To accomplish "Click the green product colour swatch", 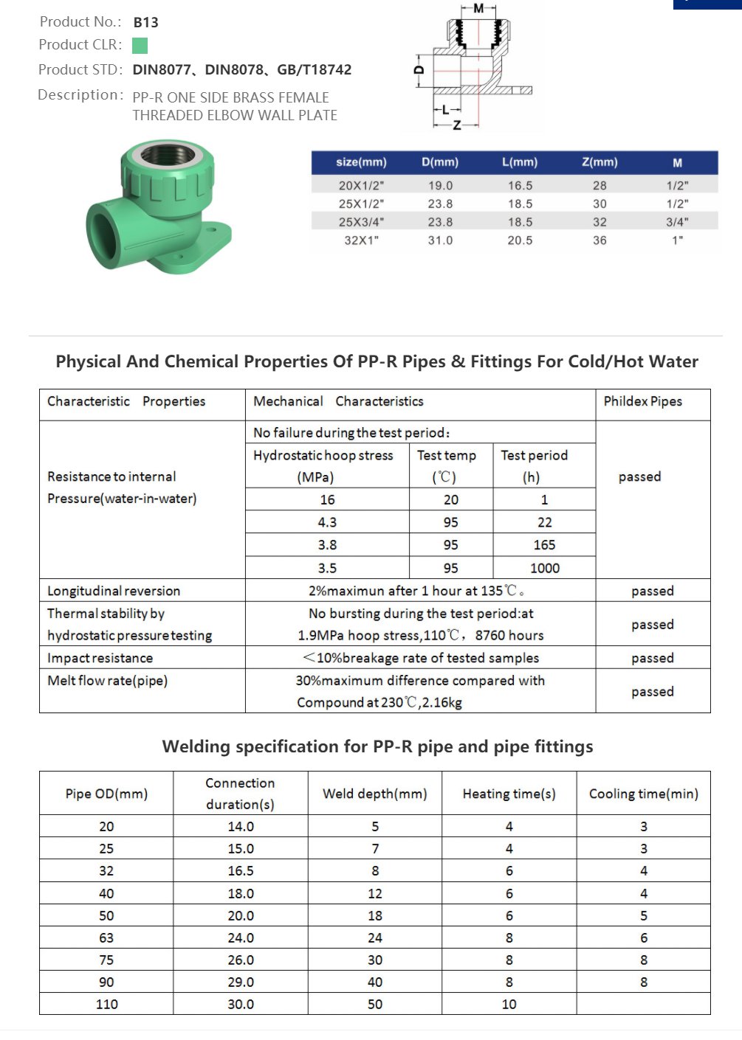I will click(x=140, y=46).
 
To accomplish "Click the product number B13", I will click(x=145, y=22).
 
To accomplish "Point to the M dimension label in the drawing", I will click(x=478, y=8).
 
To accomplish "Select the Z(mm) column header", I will click(x=600, y=162).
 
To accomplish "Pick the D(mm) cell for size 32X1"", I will click(x=440, y=240).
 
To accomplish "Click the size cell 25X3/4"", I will click(x=361, y=222).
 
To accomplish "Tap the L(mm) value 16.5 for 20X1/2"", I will click(x=520, y=186).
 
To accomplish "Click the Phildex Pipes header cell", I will click(x=642, y=401).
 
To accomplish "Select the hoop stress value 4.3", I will click(x=327, y=522).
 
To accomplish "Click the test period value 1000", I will click(x=544, y=568).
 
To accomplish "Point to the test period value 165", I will click(x=544, y=545).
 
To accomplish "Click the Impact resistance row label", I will click(x=100, y=658).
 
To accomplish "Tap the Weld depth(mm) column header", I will click(x=374, y=794).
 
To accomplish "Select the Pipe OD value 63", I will click(x=106, y=938).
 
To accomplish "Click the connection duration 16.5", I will click(x=241, y=871).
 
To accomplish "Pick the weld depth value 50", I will click(x=375, y=1005).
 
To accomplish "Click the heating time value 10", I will click(x=509, y=1005).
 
